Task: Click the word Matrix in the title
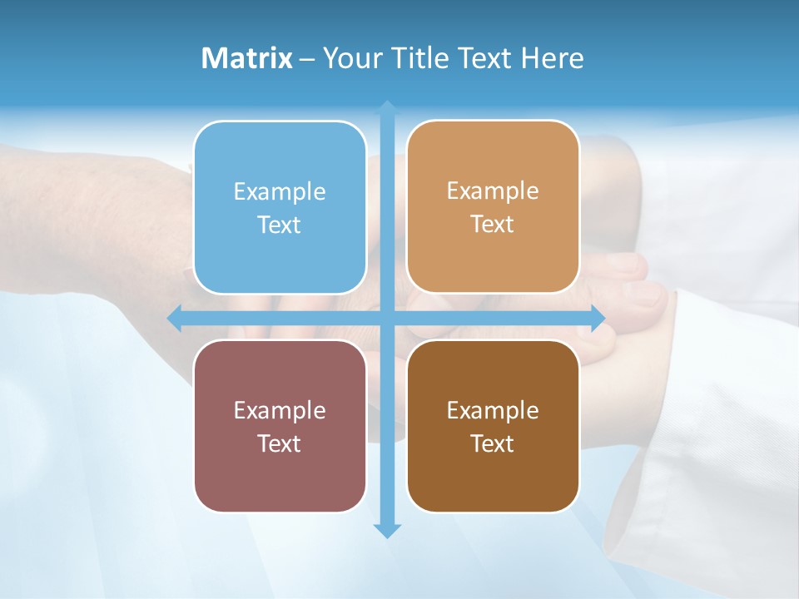pos(247,58)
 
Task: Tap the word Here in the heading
pos(552,58)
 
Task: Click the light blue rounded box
pos(280,207)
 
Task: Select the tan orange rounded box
pos(493,206)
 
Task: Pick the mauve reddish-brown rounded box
pos(280,426)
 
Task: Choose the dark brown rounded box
pos(493,426)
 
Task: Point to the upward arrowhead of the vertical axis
pos(387,108)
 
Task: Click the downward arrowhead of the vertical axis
pos(387,530)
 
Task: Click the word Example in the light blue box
pos(280,191)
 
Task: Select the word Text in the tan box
pos(493,224)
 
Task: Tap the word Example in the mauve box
pos(280,410)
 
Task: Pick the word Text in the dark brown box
pos(493,443)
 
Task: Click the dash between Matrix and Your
pos(307,59)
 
